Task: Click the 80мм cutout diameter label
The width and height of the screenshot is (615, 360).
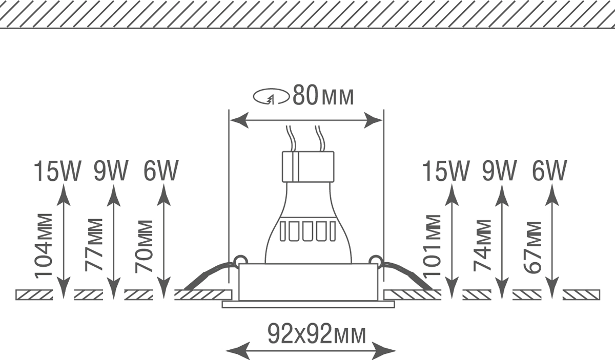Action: tap(323, 95)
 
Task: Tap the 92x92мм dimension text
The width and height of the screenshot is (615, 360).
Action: tap(317, 334)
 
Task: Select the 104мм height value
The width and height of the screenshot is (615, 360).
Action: tap(44, 246)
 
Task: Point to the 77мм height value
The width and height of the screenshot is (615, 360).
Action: tap(94, 245)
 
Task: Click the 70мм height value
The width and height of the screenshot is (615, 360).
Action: tap(143, 246)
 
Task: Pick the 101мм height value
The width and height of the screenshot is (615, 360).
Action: tap(432, 245)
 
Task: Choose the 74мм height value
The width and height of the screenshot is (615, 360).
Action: tap(482, 245)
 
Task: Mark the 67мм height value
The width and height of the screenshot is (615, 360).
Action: tap(532, 247)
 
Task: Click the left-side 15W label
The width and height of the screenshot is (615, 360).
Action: tap(57, 172)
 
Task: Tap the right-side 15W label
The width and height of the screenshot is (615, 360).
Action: tap(446, 172)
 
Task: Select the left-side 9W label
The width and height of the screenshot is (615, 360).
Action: tap(111, 171)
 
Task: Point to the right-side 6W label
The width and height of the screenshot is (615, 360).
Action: tap(549, 171)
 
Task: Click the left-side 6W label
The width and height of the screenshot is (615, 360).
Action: tap(161, 171)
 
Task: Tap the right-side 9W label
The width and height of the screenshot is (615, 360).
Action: tap(499, 171)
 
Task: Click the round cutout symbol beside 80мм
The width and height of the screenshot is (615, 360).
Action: tap(271, 96)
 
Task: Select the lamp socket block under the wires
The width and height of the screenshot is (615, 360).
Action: tap(308, 167)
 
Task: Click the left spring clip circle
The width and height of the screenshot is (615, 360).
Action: tap(240, 260)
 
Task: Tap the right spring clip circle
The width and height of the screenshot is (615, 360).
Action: tap(376, 260)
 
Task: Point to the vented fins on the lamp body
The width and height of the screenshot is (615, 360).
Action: tap(308, 231)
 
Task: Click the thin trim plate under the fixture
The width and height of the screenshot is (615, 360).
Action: tap(308, 304)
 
